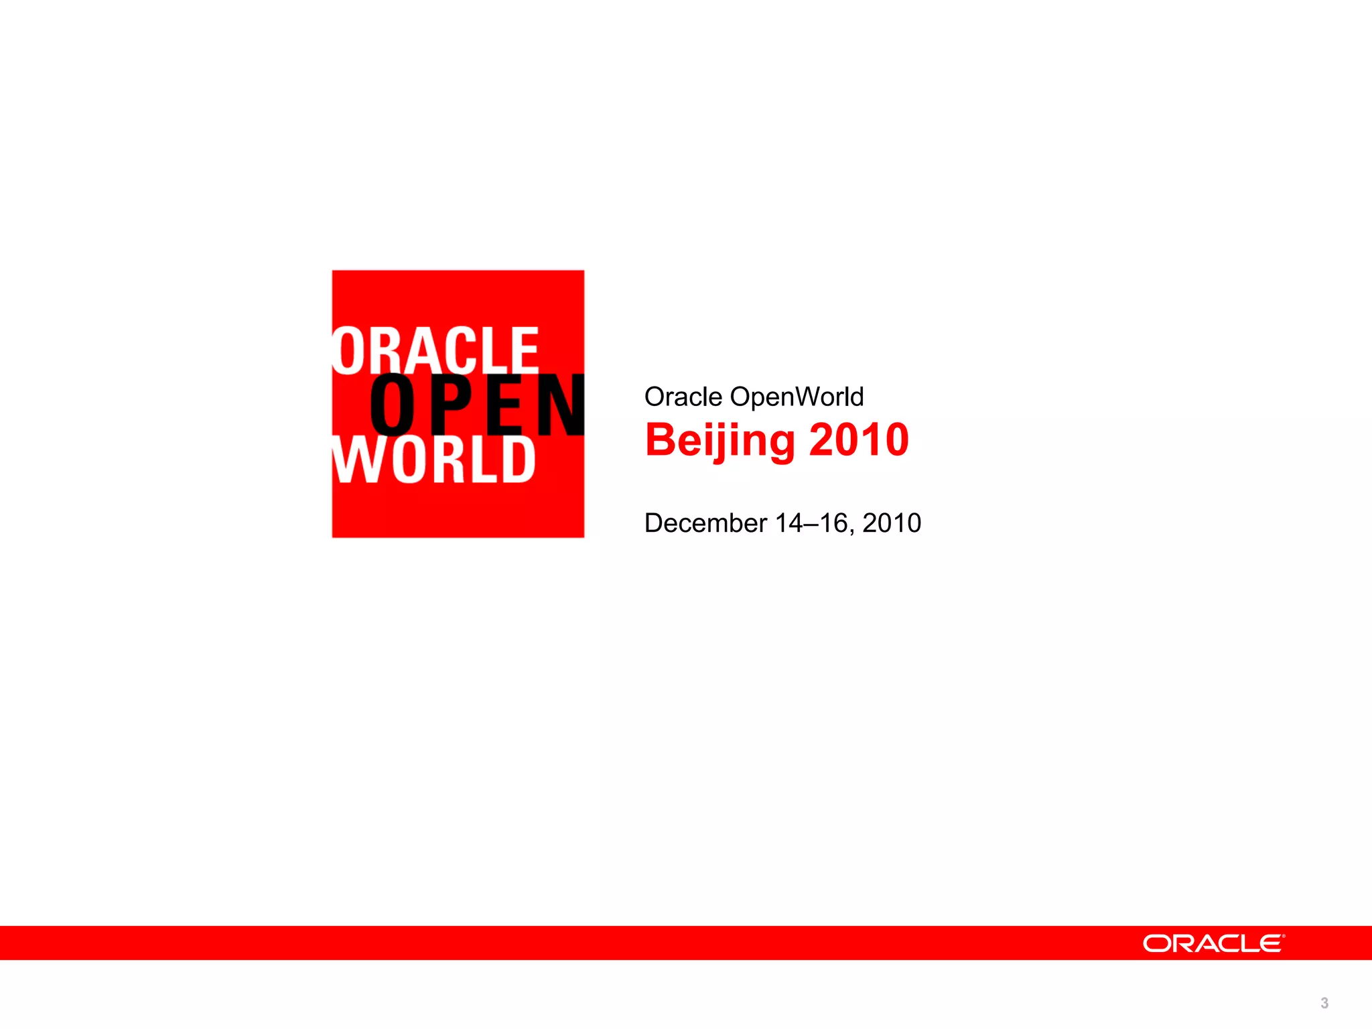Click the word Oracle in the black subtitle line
pyautogui.click(x=683, y=397)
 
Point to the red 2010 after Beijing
pyautogui.click(x=859, y=440)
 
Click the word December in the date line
pyautogui.click(x=705, y=523)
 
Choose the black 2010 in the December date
pyautogui.click(x=892, y=523)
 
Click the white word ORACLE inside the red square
pyautogui.click(x=435, y=350)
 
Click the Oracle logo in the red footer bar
pyautogui.click(x=1213, y=943)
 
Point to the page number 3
pyautogui.click(x=1324, y=1003)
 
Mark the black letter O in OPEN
pyautogui.click(x=392, y=405)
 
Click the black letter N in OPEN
pyautogui.click(x=560, y=405)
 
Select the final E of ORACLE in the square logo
pyautogui.click(x=525, y=350)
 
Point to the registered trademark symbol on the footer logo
pyautogui.click(x=1284, y=936)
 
